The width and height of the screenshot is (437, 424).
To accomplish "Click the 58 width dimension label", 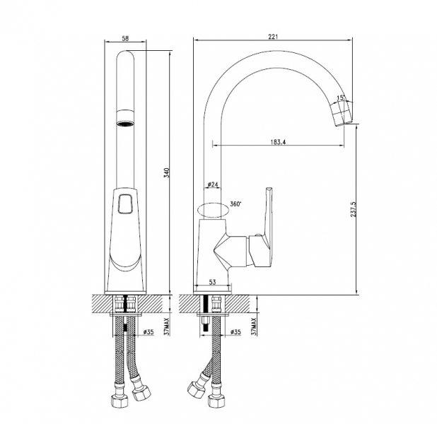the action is click(x=125, y=38).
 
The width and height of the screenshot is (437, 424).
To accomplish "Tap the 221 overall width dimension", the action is click(x=273, y=37).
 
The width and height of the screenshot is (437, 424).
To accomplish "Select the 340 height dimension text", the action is click(x=167, y=172).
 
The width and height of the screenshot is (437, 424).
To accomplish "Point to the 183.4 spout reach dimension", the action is click(x=278, y=142).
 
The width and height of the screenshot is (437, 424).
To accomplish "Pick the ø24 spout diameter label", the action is click(x=213, y=184).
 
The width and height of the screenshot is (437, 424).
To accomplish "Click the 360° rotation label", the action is click(x=235, y=204).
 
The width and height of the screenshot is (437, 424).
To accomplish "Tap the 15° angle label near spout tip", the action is click(x=341, y=98).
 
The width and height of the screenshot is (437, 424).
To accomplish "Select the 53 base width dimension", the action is click(x=212, y=282).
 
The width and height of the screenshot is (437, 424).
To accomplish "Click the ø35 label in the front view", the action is click(x=148, y=332).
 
